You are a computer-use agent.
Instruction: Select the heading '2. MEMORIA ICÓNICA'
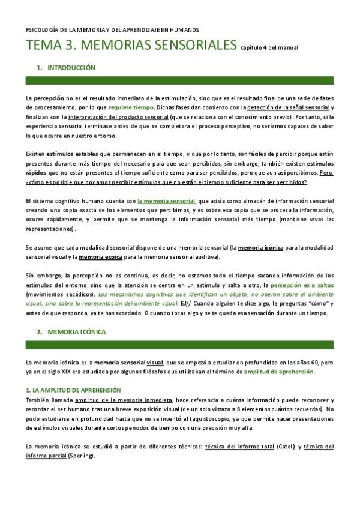click(70, 331)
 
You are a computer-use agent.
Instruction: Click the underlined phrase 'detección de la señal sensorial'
click(287, 107)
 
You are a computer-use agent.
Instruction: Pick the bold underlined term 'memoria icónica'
click(260, 248)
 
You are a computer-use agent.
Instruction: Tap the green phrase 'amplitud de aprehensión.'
click(278, 372)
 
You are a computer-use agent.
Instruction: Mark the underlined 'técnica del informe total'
click(239, 447)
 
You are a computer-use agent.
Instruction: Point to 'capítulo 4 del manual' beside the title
click(269, 47)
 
